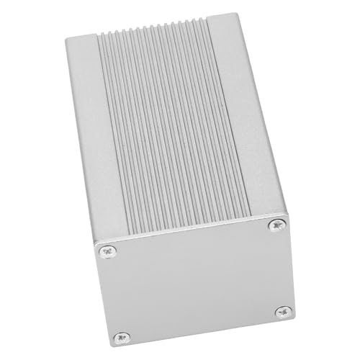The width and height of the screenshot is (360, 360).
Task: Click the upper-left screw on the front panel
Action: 108,251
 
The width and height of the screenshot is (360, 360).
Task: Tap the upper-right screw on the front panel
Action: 276,225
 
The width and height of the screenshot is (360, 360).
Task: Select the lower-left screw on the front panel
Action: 122,337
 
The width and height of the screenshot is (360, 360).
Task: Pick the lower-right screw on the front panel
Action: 284,312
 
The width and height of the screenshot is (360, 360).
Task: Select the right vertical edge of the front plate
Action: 290,266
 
